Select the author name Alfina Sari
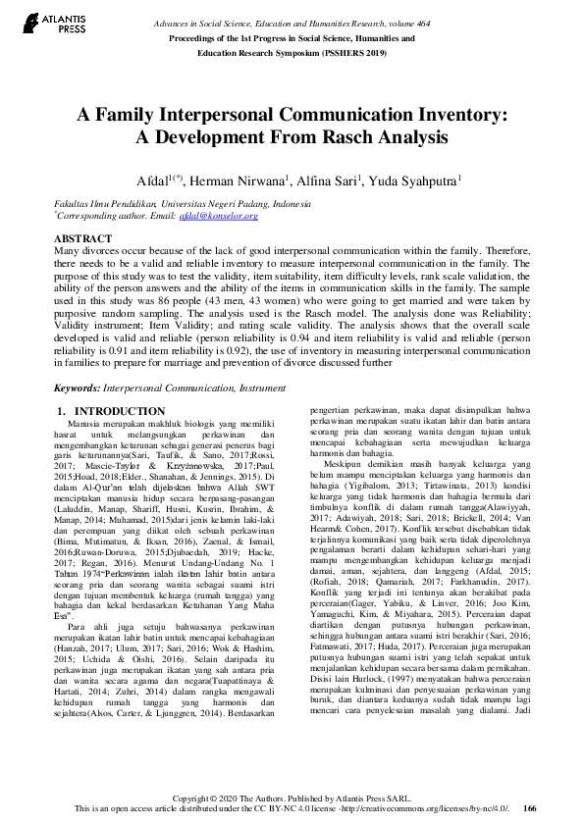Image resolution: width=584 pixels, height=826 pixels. pos(330,181)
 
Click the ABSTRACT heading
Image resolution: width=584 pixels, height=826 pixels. pos(81,239)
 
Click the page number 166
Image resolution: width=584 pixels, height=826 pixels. pos(529,809)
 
